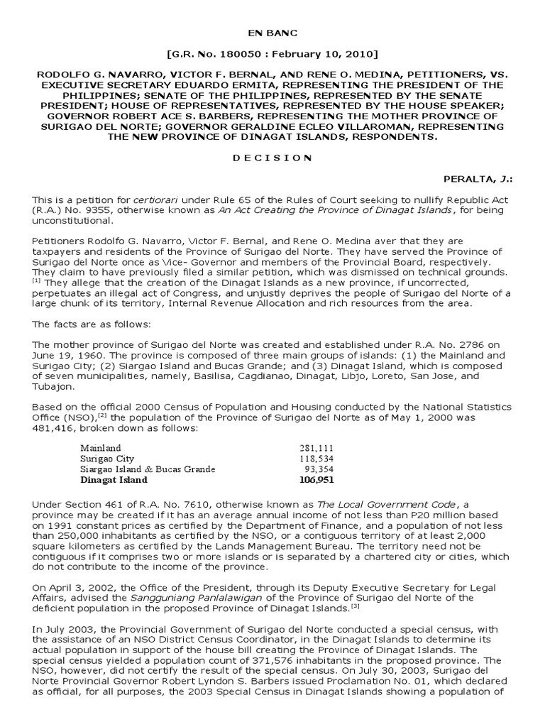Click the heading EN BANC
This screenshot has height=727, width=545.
272,33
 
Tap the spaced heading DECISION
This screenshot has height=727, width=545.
272,158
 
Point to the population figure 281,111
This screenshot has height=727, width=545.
316,449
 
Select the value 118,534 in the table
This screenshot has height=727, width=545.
316,459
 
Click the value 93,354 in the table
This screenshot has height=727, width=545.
319,469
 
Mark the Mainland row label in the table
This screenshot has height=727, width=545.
101,449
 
